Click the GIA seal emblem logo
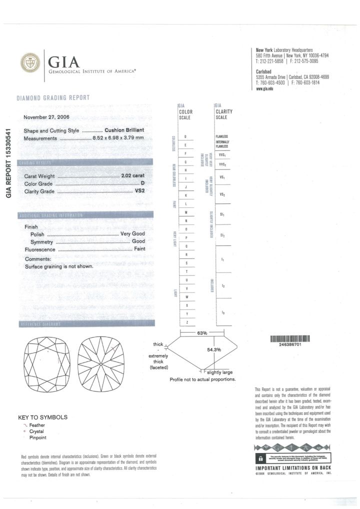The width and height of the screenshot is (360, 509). (29, 63)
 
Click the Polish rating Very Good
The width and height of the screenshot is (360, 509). (132, 234)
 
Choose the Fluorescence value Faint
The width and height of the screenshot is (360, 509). (139, 248)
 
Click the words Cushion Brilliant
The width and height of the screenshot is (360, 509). (124, 130)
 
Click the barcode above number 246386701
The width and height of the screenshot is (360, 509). (290, 339)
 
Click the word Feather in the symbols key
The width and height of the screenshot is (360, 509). (37, 425)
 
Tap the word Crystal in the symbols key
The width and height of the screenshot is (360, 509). (36, 431)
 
